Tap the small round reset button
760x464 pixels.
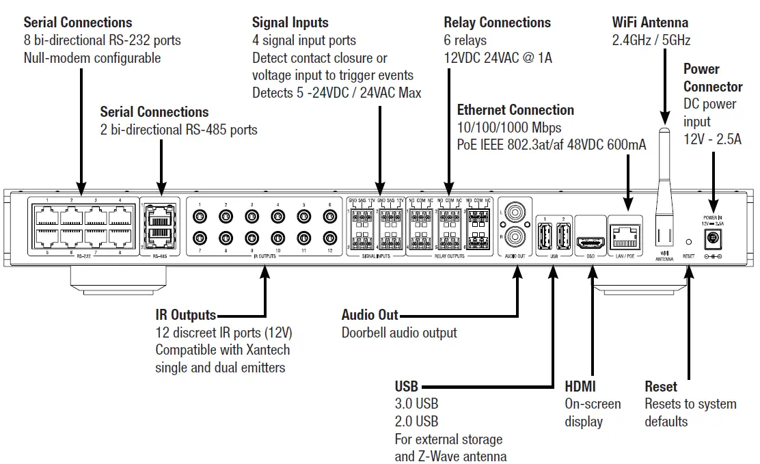tap(688, 242)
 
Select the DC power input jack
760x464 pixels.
tap(713, 237)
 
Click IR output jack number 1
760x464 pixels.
tap(199, 217)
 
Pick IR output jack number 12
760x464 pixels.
tap(330, 238)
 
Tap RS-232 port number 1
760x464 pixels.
tap(46, 217)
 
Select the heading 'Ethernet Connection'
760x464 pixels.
tap(515, 110)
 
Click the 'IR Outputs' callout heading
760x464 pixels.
tap(185, 315)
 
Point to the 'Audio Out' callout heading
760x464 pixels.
tap(370, 315)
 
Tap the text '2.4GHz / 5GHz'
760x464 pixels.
tap(651, 40)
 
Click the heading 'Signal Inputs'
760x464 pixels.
tap(290, 23)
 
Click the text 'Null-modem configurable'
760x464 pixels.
tap(92, 58)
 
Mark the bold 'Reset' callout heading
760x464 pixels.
tap(660, 387)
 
